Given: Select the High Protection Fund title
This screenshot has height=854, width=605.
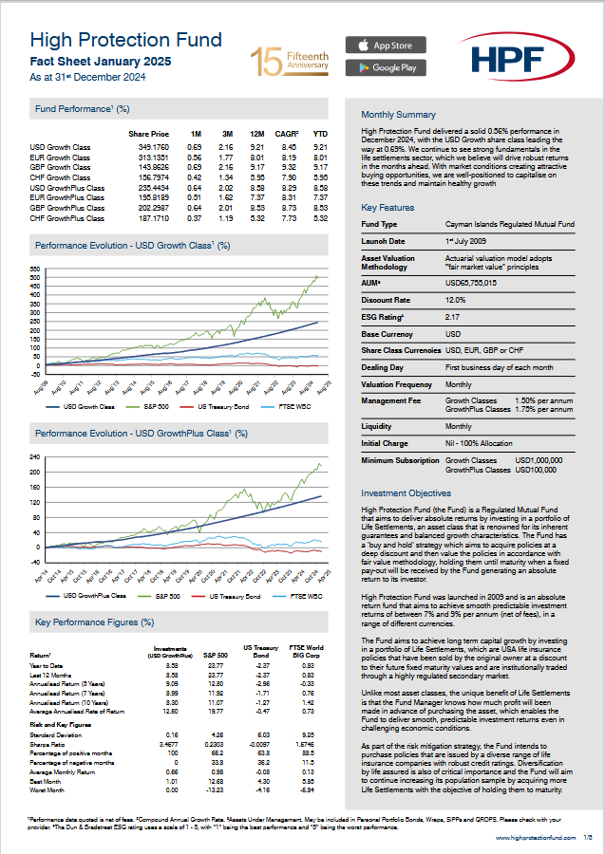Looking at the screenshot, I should [126, 40].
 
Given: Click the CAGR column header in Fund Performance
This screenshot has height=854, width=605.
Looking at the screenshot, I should [288, 134].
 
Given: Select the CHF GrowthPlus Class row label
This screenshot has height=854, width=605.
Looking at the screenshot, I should [67, 217].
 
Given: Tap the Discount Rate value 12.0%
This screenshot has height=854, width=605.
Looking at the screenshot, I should [458, 300].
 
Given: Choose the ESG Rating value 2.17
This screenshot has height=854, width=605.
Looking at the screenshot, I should [453, 317].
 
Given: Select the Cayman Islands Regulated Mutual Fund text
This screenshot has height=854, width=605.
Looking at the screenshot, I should [509, 225].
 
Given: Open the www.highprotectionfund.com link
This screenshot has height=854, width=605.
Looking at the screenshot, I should [536, 838].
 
